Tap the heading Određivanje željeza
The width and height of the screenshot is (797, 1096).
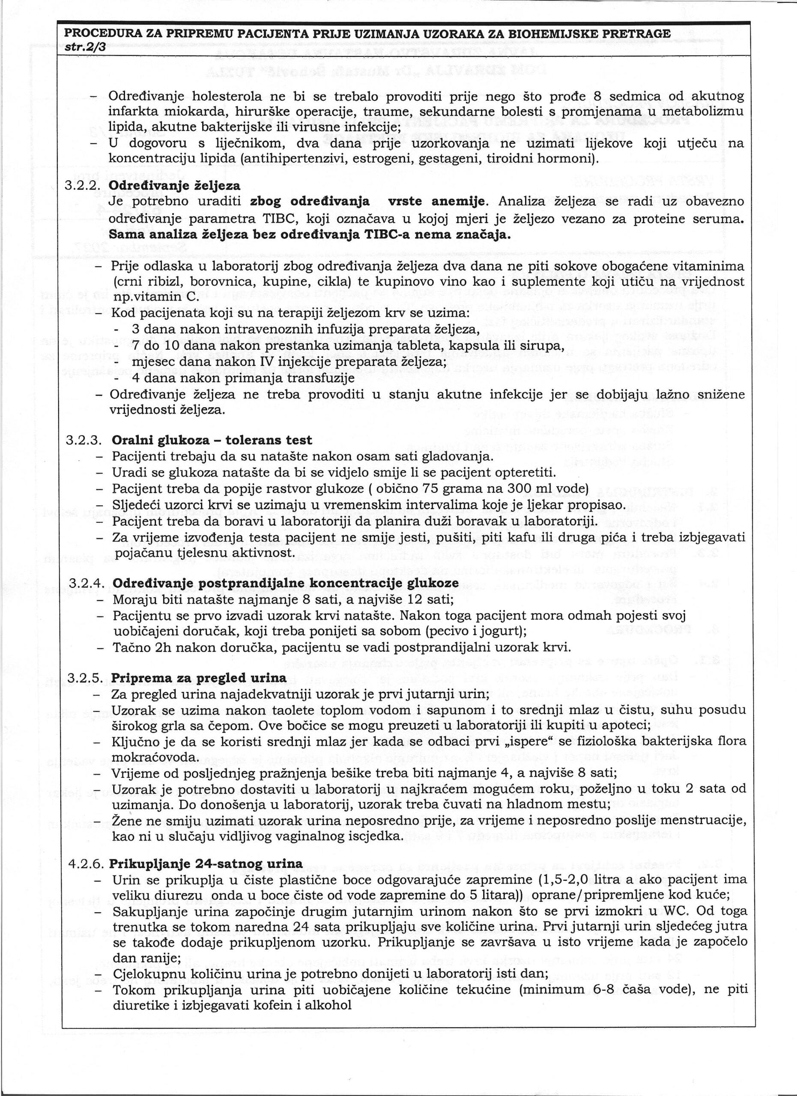pos(174,185)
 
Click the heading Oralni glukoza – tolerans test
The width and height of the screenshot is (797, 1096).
pos(212,440)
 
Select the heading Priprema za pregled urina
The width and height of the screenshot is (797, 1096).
pos(199,678)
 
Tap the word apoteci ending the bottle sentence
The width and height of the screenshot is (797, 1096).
pos(626,726)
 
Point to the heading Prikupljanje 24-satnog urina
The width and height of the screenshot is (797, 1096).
pos(207,864)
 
